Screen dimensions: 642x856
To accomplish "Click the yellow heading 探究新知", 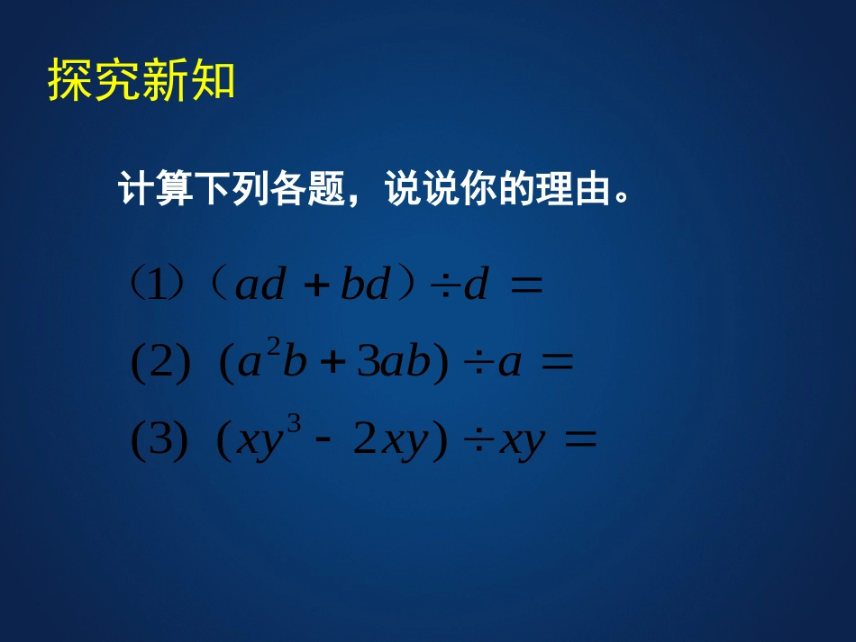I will pos(141,81).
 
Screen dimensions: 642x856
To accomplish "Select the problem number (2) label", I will pos(160,365).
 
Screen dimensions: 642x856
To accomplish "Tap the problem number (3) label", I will pos(160,443).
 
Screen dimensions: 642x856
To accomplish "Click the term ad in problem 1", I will pos(260,286).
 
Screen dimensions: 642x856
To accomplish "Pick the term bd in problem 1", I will pos(366,286).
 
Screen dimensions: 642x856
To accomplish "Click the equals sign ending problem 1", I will pos(526,287).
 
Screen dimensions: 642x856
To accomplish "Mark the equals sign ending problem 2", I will pos(556,364).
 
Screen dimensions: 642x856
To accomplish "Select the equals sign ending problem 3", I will pos(579,442).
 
